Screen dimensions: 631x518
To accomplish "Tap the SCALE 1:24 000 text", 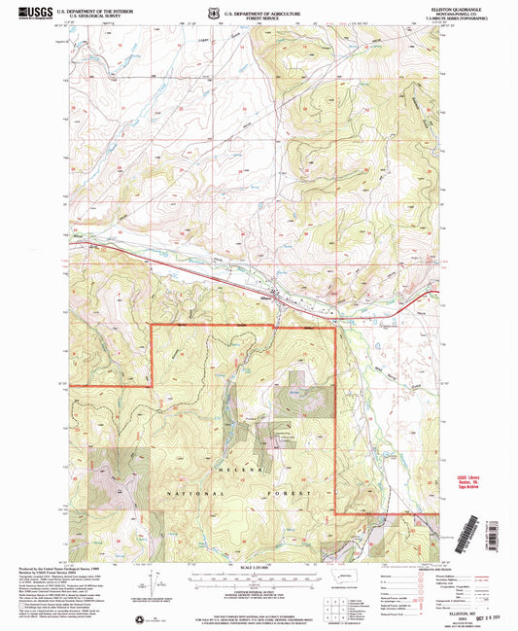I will (257, 567).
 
